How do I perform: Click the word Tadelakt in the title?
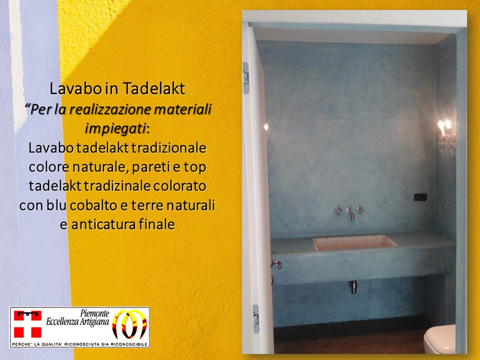[153, 88]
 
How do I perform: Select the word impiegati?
[115, 129]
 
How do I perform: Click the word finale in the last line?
[156, 224]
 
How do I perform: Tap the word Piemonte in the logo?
[94, 313]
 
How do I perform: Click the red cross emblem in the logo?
[27, 324]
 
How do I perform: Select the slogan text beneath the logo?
[79, 344]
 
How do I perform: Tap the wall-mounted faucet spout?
[350, 214]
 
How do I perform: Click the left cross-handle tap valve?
[338, 210]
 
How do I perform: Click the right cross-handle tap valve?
[360, 210]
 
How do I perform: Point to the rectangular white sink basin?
[354, 242]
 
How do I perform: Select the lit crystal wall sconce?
[446, 136]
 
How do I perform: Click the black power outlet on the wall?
[420, 197]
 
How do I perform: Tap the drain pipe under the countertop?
[354, 287]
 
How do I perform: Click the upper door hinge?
[245, 78]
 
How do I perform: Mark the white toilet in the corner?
[439, 339]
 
